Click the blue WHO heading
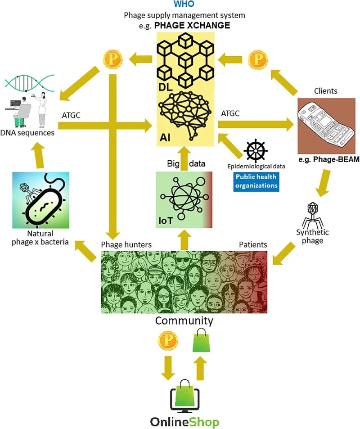184,4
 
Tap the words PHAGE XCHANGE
192,26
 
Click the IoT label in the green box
166,221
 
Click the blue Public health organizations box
256,181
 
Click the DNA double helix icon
30,83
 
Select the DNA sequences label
27,133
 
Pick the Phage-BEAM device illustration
326,126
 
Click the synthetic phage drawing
312,215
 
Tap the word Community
184,321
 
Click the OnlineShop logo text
184,422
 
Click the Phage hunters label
126,244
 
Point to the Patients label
253,244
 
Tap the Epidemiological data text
256,167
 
